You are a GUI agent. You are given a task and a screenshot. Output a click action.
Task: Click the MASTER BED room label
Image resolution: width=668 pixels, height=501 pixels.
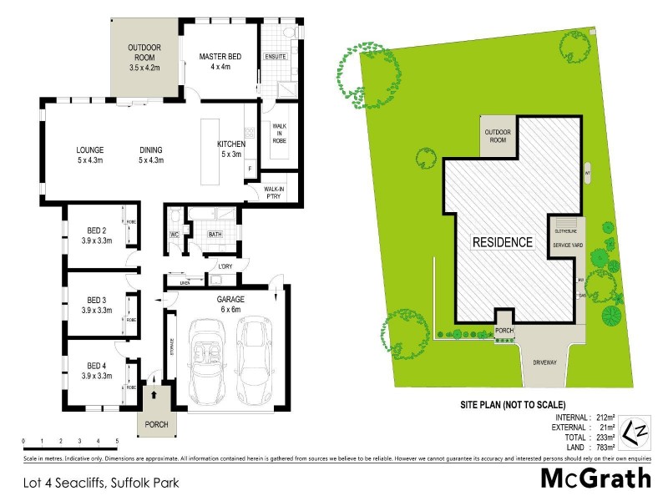(x=220, y=62)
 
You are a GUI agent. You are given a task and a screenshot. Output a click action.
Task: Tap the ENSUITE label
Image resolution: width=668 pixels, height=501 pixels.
(x=276, y=57)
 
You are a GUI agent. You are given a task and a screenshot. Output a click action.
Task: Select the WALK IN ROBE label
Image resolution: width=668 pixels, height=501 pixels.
(x=278, y=134)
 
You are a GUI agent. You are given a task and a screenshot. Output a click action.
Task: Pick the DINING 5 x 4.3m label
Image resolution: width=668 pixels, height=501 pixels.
(x=151, y=155)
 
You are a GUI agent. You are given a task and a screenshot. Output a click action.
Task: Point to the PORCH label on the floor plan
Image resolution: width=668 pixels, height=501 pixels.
(x=156, y=424)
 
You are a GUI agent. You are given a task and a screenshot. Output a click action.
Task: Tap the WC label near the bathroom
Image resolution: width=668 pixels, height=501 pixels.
(x=175, y=235)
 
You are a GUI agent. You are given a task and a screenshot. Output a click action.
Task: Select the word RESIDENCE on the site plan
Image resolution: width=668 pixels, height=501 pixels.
(x=503, y=243)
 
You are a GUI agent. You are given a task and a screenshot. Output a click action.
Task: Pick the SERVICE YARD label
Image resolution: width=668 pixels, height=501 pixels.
(x=567, y=245)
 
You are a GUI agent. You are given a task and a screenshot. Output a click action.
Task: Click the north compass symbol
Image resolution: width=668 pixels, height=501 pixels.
(x=637, y=429)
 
